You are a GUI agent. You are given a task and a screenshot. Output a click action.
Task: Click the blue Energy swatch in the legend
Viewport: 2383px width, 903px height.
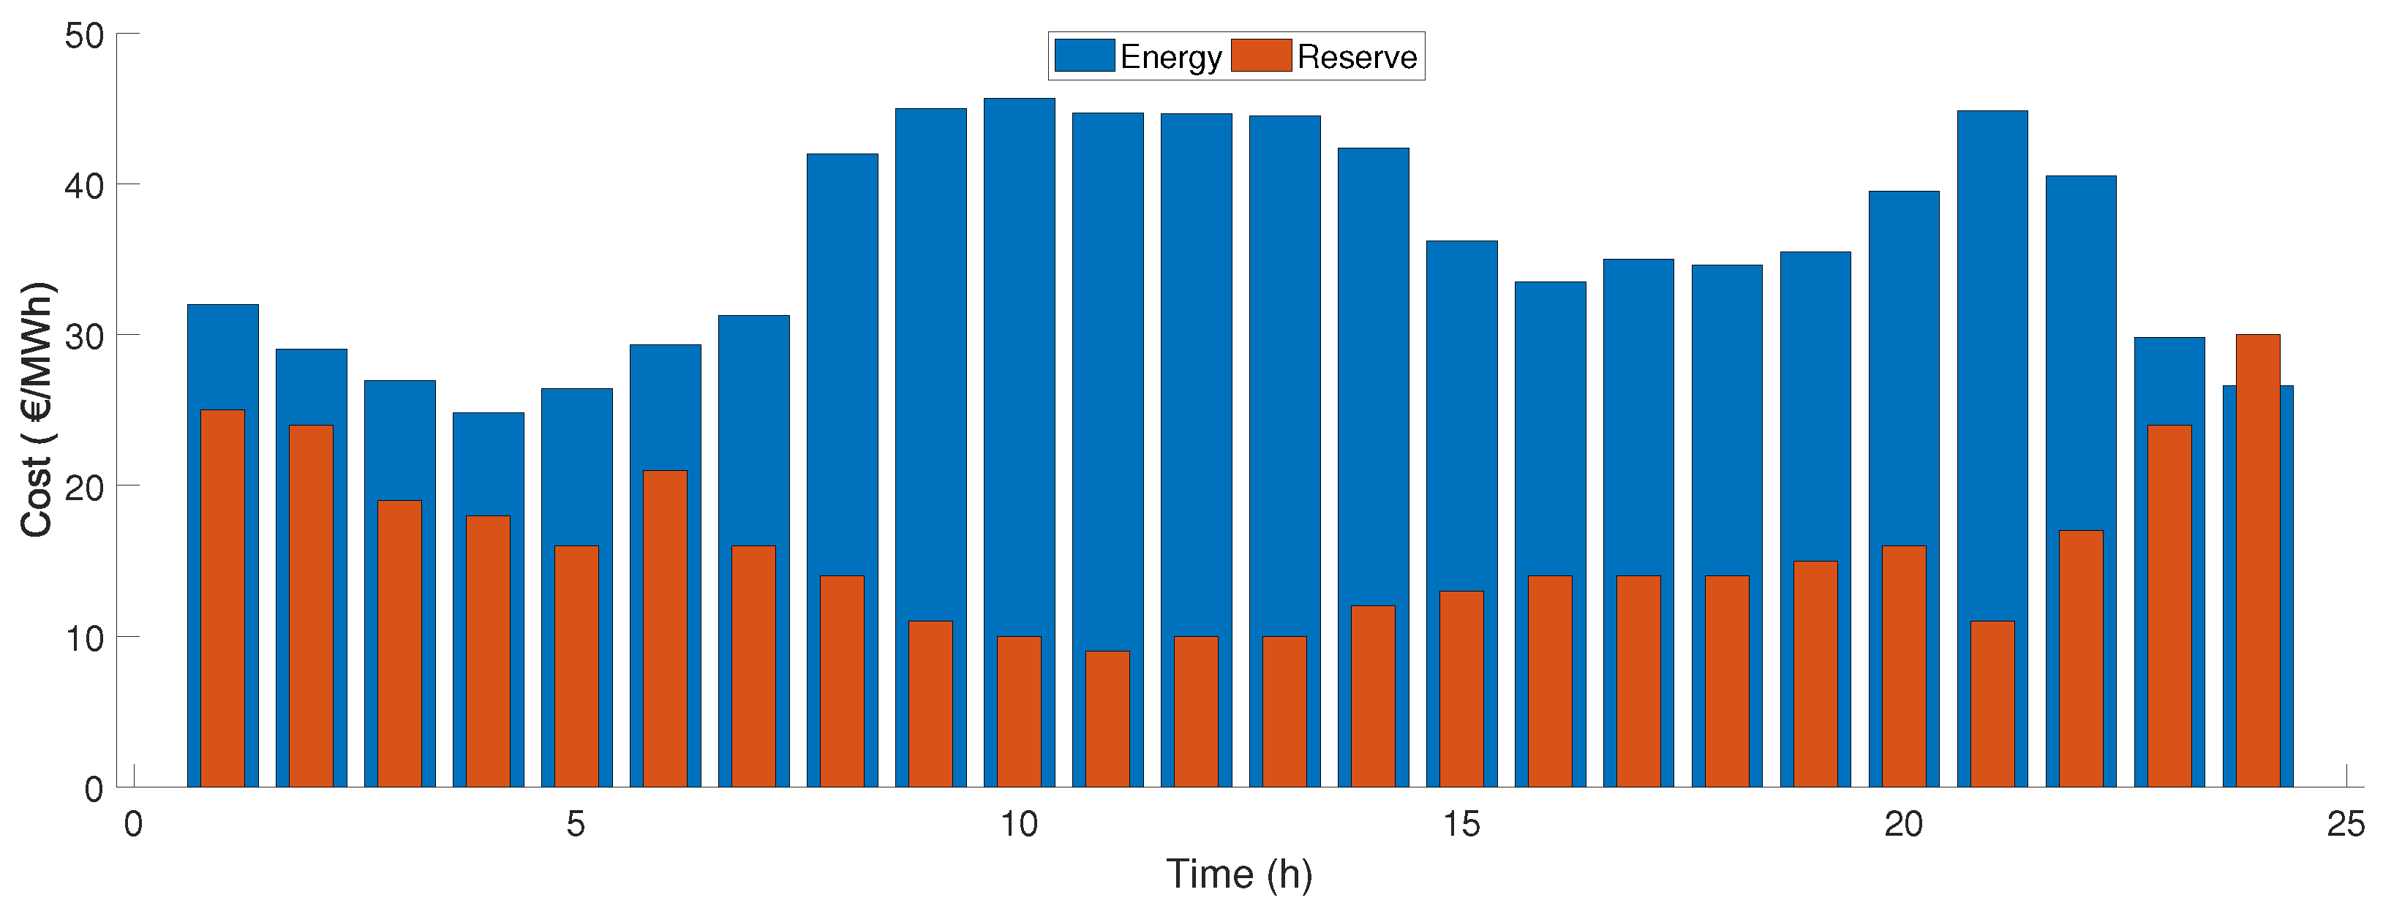[x=1083, y=56]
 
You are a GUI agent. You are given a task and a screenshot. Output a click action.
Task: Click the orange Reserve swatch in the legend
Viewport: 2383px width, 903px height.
[x=1261, y=56]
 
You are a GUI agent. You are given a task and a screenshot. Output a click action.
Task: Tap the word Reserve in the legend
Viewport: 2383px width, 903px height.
[x=1356, y=57]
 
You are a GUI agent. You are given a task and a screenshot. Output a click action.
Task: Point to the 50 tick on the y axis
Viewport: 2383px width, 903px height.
[x=85, y=36]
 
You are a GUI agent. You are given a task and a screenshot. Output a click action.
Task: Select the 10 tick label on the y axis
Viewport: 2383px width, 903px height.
[x=85, y=638]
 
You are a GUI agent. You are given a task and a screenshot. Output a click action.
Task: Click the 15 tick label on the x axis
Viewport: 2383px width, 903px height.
[x=1461, y=823]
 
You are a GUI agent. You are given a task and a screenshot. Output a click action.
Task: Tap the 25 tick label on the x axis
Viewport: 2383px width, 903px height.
[x=2345, y=823]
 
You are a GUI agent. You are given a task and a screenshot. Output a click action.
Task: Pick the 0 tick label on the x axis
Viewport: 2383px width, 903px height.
[x=133, y=823]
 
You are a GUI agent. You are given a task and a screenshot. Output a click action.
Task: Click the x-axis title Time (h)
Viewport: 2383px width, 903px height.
[x=1239, y=874]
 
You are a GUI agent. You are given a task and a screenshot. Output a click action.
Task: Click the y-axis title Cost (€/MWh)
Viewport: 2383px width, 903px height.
[x=37, y=409]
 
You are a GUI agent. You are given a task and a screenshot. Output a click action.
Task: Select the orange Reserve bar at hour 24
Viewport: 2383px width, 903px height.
[x=2257, y=555]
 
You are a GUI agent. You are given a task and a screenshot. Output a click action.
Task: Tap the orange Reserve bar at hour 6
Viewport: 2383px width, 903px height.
[x=665, y=629]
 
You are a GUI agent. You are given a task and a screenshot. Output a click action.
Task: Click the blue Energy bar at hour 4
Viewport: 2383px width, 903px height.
[x=488, y=463]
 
